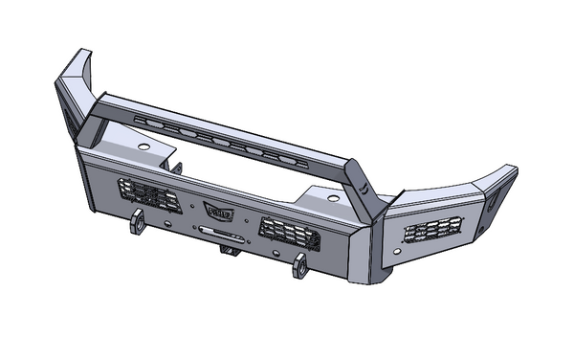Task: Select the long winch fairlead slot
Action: [218, 231]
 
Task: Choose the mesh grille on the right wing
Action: [435, 231]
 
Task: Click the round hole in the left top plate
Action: [143, 146]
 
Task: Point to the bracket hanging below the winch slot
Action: [228, 250]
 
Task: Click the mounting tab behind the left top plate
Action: [178, 167]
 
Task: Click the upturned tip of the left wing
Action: [74, 67]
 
